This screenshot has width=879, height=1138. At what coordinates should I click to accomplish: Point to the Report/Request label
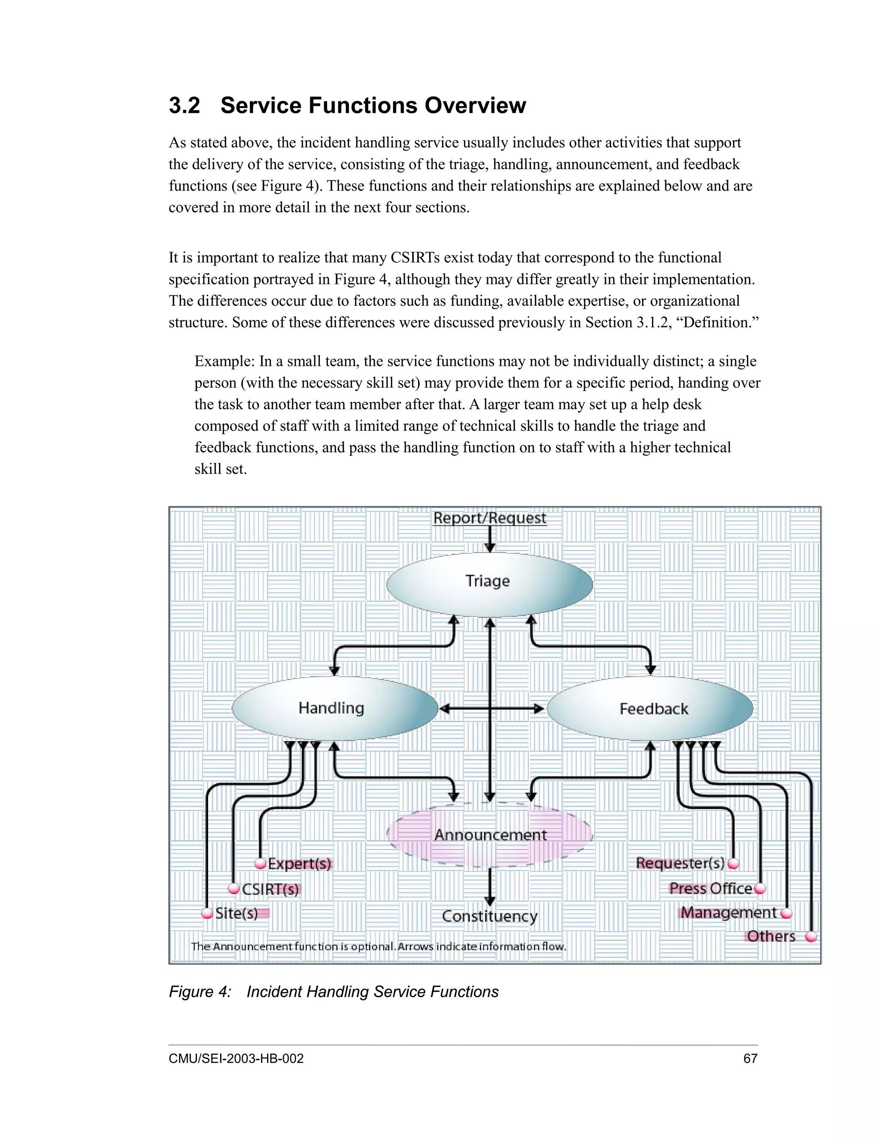[489, 518]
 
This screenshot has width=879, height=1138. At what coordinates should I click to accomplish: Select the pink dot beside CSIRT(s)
[234, 888]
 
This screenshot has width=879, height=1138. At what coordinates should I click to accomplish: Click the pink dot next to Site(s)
[207, 913]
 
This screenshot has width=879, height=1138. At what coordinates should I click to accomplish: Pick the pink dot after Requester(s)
[733, 864]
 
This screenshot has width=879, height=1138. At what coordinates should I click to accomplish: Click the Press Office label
[711, 888]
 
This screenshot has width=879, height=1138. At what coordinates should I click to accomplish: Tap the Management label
[728, 913]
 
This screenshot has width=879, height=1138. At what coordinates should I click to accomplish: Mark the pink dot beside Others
[811, 937]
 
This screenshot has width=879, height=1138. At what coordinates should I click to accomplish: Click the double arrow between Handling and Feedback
[491, 709]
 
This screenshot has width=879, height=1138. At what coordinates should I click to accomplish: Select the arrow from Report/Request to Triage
[489, 539]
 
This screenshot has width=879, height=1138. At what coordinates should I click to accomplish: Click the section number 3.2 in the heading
[184, 105]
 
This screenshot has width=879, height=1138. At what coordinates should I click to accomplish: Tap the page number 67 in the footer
[750, 1058]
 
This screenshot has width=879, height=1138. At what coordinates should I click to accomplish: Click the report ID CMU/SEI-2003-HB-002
[236, 1058]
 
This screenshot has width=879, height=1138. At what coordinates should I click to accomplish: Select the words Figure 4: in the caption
[200, 992]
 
